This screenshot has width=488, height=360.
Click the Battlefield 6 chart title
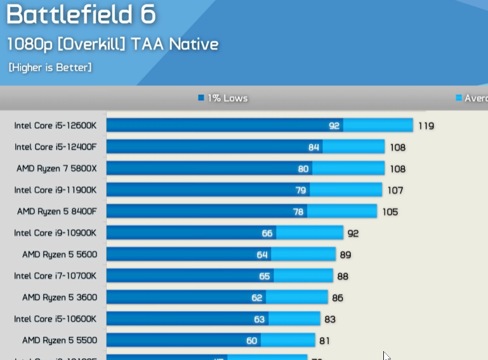coord(81,15)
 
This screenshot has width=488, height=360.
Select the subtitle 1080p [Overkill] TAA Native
coord(113,44)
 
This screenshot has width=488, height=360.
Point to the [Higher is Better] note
coord(50,67)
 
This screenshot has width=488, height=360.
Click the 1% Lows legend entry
coord(223,98)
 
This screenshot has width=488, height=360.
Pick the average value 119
coord(426,126)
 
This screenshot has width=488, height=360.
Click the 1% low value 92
coord(334,126)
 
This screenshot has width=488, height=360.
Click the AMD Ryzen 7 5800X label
coord(56,168)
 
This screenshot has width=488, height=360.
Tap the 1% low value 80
coord(303,169)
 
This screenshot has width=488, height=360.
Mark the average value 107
coord(395,190)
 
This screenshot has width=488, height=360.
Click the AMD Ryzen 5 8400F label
coord(56,211)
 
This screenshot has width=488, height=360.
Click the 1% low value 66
coord(267,234)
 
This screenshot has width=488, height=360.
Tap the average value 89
coord(346,255)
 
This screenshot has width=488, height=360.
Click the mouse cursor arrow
coord(386,356)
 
